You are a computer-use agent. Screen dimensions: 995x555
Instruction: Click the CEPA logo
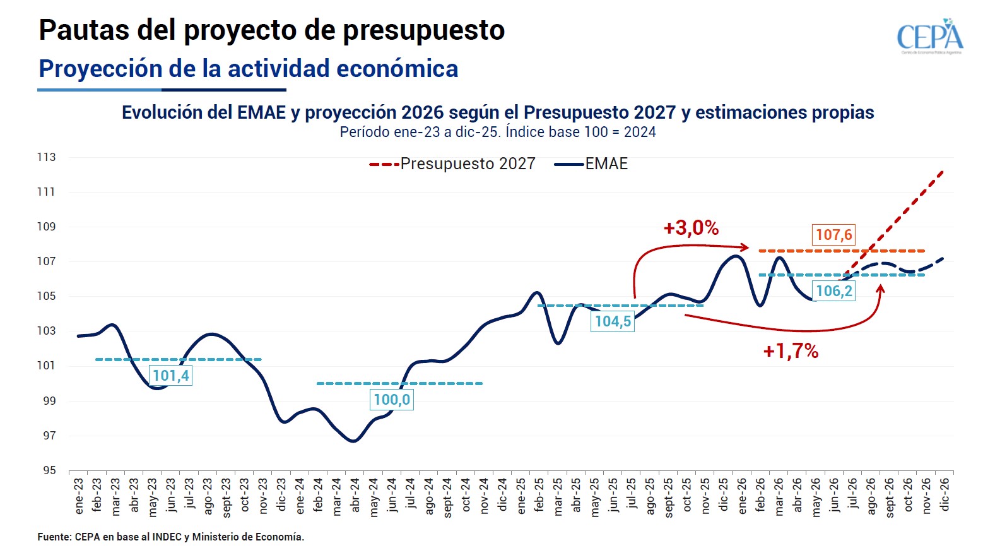pyautogui.click(x=930, y=37)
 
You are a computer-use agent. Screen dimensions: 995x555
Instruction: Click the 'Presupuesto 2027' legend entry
pyautogui.click(x=452, y=164)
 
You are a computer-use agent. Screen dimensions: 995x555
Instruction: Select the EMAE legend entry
pyautogui.click(x=591, y=164)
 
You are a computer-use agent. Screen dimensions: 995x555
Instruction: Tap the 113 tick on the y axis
pyautogui.click(x=47, y=157)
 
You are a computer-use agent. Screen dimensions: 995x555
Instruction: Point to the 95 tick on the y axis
pyautogui.click(x=50, y=470)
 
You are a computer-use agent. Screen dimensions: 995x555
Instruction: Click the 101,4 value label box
pyautogui.click(x=171, y=376)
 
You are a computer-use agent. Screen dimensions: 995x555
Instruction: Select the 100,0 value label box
pyautogui.click(x=392, y=400)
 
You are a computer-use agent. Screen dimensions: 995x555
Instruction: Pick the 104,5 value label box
pyautogui.click(x=613, y=321)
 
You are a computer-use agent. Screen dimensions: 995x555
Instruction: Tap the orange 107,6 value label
pyautogui.click(x=833, y=235)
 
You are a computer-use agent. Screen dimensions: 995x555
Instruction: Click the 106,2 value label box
pyautogui.click(x=833, y=291)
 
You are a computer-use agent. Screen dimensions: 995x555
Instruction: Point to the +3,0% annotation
pyautogui.click(x=691, y=229)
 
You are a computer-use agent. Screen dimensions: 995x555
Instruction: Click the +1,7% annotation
pyautogui.click(x=791, y=352)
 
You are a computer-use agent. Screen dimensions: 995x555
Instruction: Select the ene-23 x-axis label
pyautogui.click(x=79, y=496)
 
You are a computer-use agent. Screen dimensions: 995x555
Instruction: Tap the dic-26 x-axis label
pyautogui.click(x=945, y=494)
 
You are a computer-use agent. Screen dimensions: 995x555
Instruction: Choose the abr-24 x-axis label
pyautogui.click(x=355, y=495)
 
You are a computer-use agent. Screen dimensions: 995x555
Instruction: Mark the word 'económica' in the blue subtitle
pyautogui.click(x=397, y=68)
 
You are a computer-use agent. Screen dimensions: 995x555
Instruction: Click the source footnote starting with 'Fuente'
pyautogui.click(x=171, y=537)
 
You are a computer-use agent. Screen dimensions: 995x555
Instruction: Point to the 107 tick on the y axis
pyautogui.click(x=47, y=261)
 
